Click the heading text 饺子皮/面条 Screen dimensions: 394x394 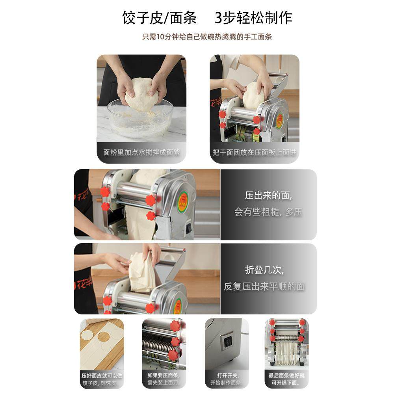159,18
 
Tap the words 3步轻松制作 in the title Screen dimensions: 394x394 253,18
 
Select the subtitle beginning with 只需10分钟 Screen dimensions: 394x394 207,37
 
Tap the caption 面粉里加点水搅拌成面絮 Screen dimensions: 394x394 141,152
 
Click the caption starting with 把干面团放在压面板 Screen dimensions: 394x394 254,152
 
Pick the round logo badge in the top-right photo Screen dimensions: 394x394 279,121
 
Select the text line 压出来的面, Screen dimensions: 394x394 268,195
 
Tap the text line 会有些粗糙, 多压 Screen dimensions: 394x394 268,212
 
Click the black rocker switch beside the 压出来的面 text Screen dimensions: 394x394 188,228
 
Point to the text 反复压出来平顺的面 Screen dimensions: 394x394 264,286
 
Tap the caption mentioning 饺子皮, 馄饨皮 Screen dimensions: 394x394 102,379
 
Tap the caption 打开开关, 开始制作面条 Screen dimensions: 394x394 227,379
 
